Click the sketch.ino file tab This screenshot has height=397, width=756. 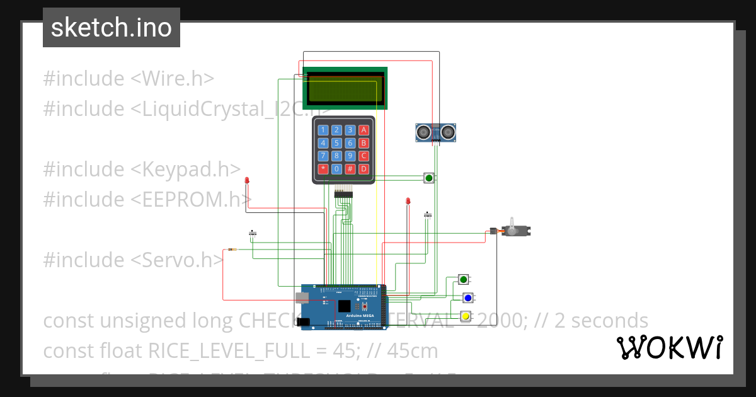pyautogui.click(x=111, y=28)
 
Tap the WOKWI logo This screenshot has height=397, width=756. pyautogui.click(x=669, y=347)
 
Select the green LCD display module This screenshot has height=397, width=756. pyautogui.click(x=345, y=88)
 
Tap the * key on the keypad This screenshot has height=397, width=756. pyautogui.click(x=323, y=169)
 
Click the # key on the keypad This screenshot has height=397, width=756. pyautogui.click(x=350, y=169)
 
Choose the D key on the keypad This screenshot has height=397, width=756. pyautogui.click(x=364, y=169)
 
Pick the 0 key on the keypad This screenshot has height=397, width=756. pyautogui.click(x=337, y=169)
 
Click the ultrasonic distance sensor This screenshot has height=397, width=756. pyautogui.click(x=435, y=132)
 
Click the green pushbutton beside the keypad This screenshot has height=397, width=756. pyautogui.click(x=429, y=178)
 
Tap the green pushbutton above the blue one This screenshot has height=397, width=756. pyautogui.click(x=464, y=279)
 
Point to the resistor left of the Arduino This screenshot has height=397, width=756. pyautogui.click(x=232, y=250)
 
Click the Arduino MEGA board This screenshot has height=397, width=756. pyautogui.click(x=343, y=306)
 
